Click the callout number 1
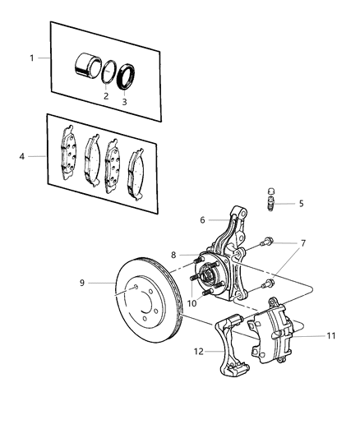coord(32,59)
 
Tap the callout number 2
coord(105,96)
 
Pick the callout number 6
coord(202,220)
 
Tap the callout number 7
coord(302,243)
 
